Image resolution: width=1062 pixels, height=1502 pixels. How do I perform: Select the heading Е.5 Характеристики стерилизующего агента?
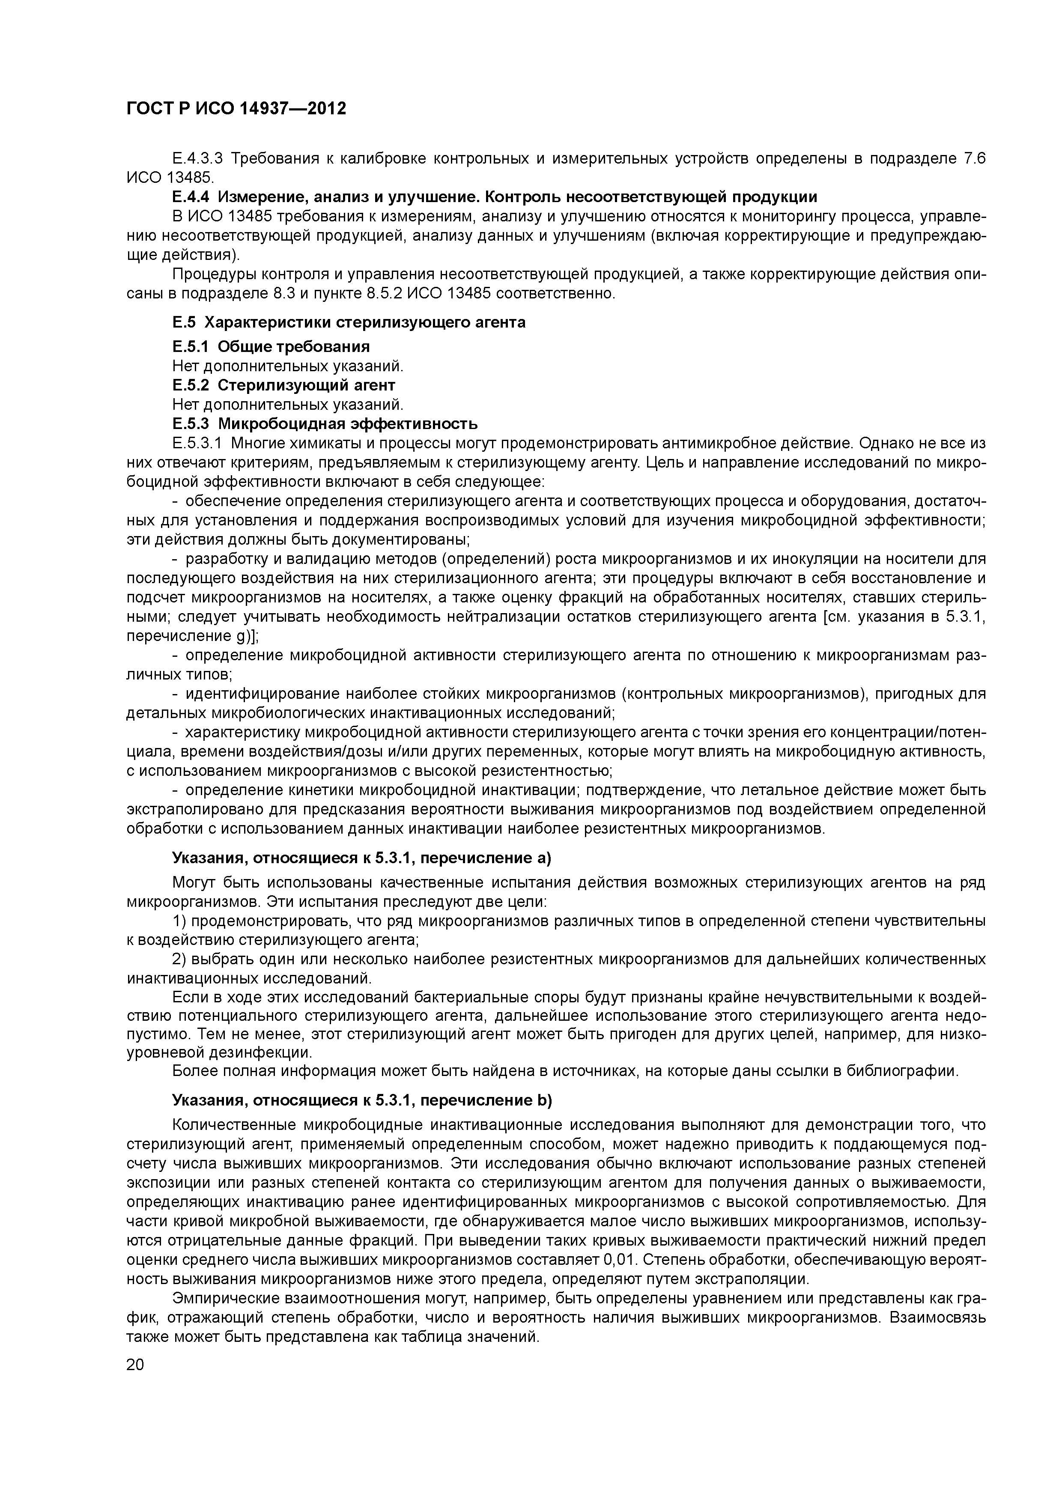coord(349,322)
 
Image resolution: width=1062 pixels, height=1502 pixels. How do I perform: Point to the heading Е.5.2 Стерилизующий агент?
coord(283,384)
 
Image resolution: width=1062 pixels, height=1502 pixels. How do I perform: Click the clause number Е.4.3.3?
coord(197,158)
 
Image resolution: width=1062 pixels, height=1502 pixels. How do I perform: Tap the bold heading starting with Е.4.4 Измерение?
coord(494,197)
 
